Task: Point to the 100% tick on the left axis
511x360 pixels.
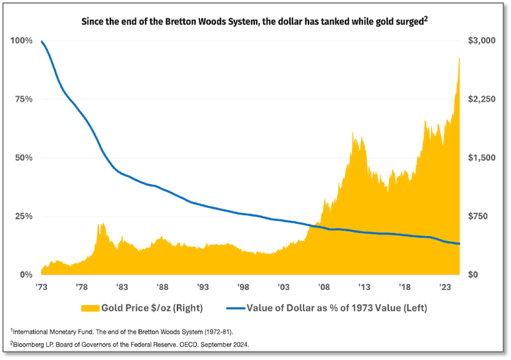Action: coord(22,41)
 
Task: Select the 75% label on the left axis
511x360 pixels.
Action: coord(24,99)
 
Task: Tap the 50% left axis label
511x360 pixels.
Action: coord(24,158)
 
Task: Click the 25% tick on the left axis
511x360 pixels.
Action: coord(24,216)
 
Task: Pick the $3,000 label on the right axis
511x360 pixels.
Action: coord(482,41)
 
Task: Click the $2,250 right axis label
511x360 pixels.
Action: coord(482,99)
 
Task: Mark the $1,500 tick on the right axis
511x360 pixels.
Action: coord(482,158)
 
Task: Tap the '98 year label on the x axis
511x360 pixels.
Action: coord(242,287)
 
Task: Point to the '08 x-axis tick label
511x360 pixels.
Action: coord(324,287)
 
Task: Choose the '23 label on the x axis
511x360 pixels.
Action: coord(445,287)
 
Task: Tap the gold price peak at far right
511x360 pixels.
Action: coord(459,58)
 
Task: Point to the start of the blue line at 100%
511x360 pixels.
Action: coord(42,41)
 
